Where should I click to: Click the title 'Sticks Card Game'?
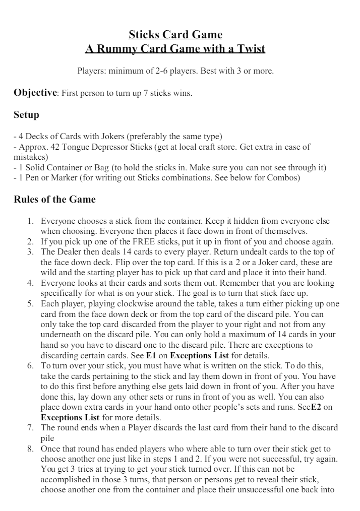click(175, 35)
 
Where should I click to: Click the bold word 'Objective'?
click(35, 93)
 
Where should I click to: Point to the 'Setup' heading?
click(26, 115)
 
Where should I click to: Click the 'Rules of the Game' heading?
click(54, 199)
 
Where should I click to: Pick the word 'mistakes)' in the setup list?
click(28, 157)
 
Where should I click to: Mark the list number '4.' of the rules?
click(30, 283)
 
